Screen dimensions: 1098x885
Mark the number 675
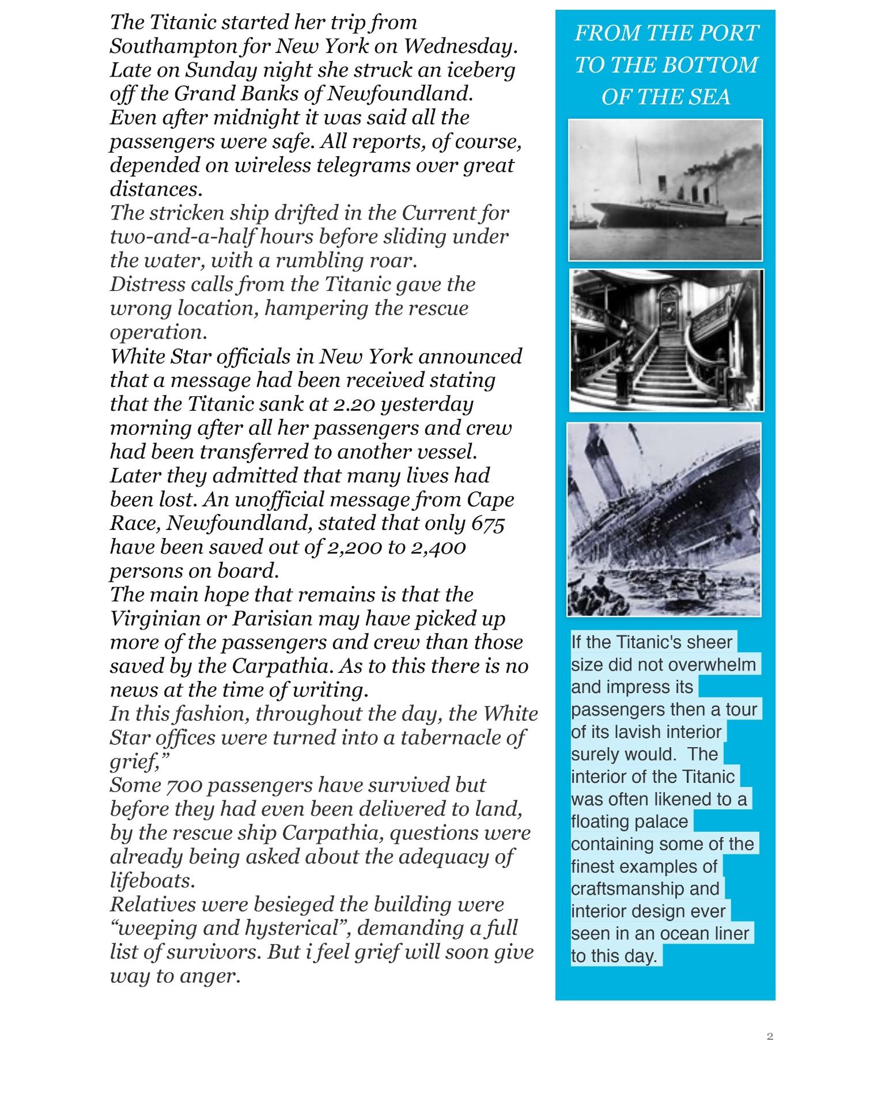pos(487,524)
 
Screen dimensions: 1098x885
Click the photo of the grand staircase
pos(666,340)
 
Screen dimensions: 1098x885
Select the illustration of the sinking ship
pos(664,519)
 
